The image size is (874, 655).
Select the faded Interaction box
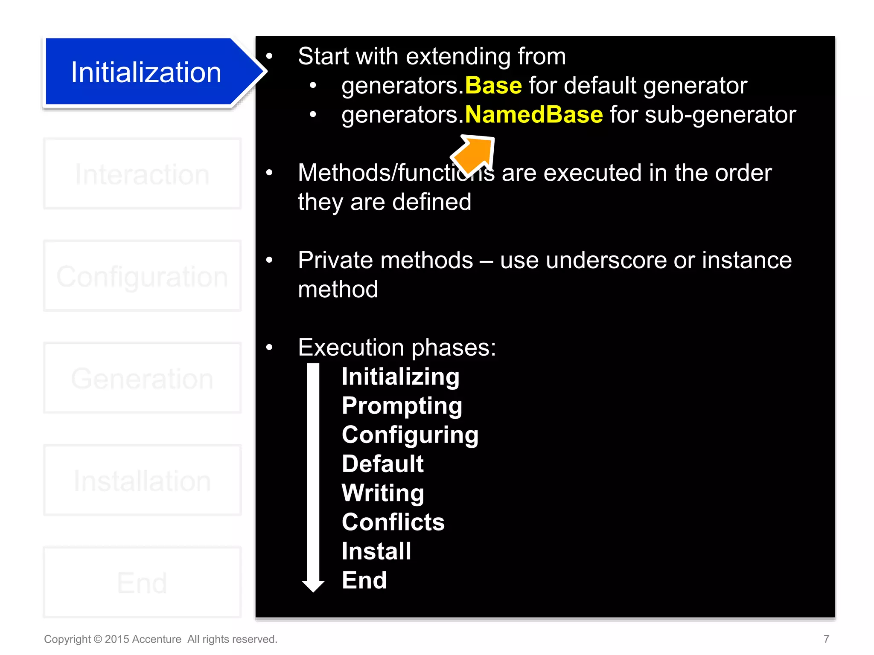[x=142, y=174]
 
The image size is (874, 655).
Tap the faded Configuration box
[x=142, y=276]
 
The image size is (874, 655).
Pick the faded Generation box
[x=142, y=378]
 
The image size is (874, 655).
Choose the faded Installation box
[x=142, y=481]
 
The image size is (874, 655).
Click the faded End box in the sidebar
[x=142, y=583]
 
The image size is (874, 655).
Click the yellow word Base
[x=493, y=85]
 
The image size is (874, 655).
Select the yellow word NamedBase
[x=533, y=115]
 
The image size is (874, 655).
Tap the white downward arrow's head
[x=313, y=585]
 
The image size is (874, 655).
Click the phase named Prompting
[x=402, y=406]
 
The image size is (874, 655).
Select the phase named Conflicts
[x=393, y=522]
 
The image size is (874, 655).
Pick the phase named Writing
[x=383, y=493]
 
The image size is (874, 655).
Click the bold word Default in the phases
[x=382, y=464]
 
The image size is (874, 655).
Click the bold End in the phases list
[x=364, y=580]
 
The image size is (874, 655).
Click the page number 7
[x=826, y=639]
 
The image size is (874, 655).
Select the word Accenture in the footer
[x=157, y=639]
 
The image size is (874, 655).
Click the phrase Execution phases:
[x=397, y=347]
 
